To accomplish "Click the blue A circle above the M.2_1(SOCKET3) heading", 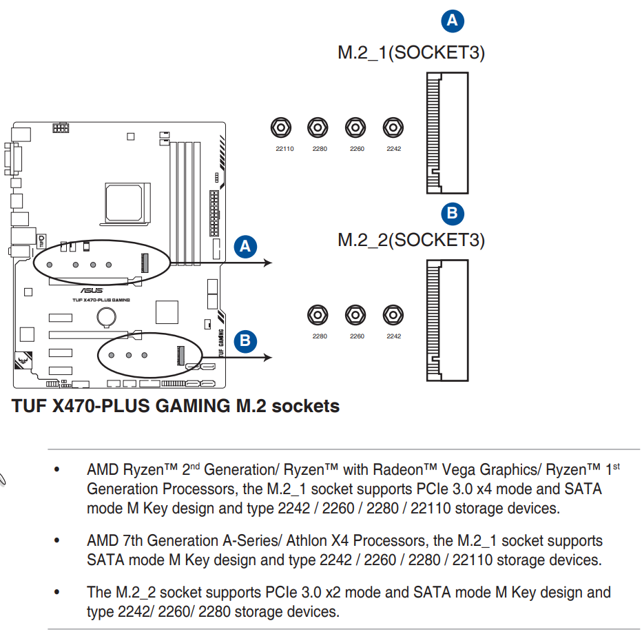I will coord(452,21).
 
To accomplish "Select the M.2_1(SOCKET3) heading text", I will coord(411,53).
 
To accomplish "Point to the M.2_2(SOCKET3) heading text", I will coord(411,240).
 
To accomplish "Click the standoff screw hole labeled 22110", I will coord(280,128).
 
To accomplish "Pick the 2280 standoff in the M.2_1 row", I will coord(318,128).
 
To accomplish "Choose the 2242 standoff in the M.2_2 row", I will coord(393,314).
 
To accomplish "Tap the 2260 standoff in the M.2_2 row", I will coord(355,314).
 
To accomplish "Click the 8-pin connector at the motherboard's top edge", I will coord(61,128).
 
